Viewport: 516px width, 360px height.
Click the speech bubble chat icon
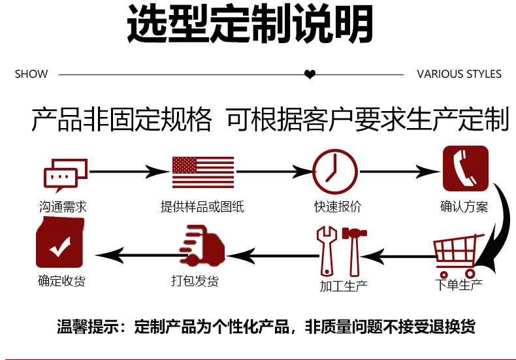click(x=65, y=173)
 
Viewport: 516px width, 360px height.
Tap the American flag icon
click(x=202, y=172)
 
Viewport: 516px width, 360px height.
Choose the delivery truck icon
click(x=201, y=246)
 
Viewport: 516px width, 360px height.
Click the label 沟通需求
click(x=63, y=207)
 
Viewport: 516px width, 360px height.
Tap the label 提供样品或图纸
click(x=202, y=207)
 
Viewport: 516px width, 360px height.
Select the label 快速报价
click(x=337, y=207)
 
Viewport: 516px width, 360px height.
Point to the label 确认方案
click(x=464, y=207)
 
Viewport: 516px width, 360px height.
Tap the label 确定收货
click(x=61, y=282)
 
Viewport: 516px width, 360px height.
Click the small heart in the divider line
click(x=310, y=74)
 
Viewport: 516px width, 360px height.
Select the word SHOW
click(x=31, y=74)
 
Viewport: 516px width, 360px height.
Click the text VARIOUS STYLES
click(x=459, y=74)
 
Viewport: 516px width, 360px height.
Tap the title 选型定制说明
click(x=250, y=25)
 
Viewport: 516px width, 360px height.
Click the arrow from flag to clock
click(x=274, y=172)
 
